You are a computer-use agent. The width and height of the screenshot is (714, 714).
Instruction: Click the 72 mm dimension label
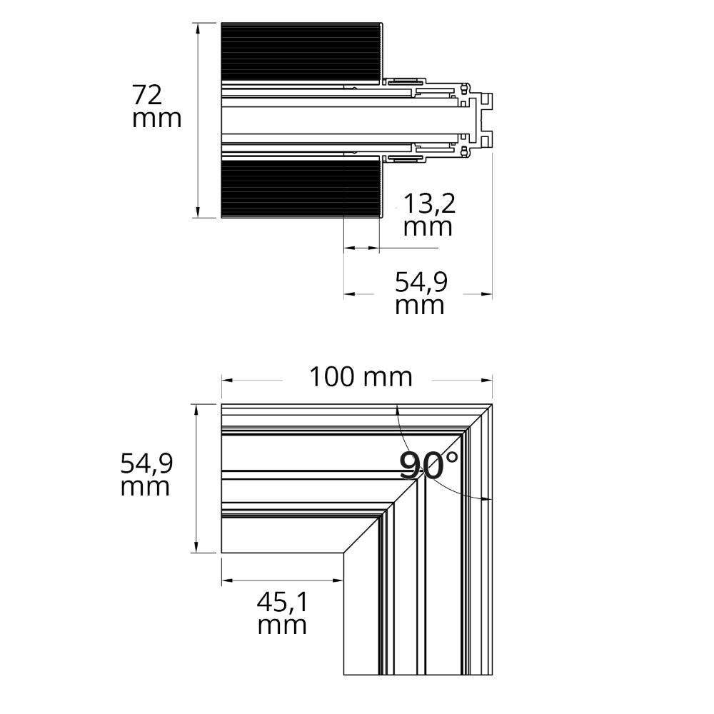tap(156, 107)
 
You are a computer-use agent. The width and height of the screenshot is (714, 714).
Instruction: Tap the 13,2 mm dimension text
tap(428, 214)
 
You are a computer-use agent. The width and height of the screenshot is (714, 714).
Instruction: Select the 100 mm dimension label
tap(361, 377)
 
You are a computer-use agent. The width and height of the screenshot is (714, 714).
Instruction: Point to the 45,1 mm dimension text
tap(282, 613)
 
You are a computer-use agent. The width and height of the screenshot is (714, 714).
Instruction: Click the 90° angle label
tap(428, 465)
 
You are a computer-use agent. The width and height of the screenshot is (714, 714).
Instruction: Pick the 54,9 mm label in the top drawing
tap(421, 293)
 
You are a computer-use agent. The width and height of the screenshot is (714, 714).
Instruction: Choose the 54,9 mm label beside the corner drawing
tap(146, 475)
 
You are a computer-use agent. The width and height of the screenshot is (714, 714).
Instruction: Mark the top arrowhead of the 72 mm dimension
tap(198, 29)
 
